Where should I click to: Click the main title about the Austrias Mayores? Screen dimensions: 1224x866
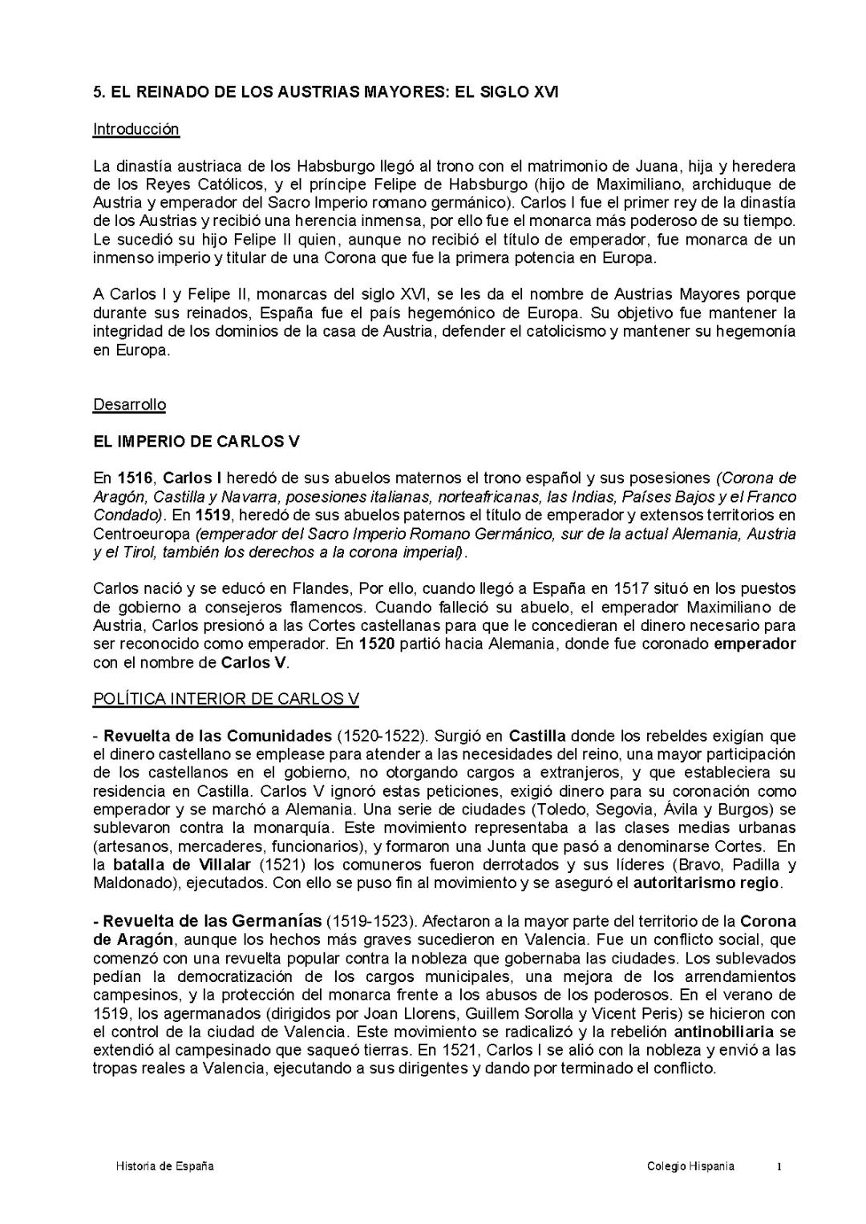(x=326, y=92)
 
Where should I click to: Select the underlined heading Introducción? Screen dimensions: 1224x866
(x=136, y=129)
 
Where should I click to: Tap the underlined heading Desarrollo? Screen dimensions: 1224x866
(x=129, y=405)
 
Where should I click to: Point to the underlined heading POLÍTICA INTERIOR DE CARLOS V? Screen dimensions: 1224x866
(x=225, y=699)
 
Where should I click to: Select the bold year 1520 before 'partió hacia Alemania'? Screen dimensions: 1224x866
(x=376, y=644)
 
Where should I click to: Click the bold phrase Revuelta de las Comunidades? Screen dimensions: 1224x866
(x=217, y=736)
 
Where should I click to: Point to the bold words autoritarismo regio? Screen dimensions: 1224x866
(x=706, y=883)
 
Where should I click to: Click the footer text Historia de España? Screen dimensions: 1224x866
(x=165, y=1166)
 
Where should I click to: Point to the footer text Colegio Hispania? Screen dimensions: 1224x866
(x=690, y=1166)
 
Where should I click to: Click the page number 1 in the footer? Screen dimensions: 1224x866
(x=778, y=1167)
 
